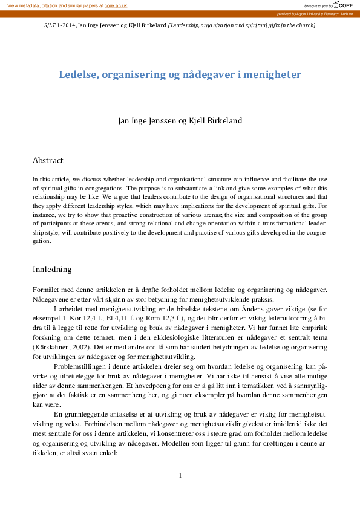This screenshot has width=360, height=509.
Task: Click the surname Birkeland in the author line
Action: point(223,120)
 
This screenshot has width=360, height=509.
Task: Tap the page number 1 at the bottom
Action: point(180,475)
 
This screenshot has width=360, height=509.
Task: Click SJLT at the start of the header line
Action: point(51,25)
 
